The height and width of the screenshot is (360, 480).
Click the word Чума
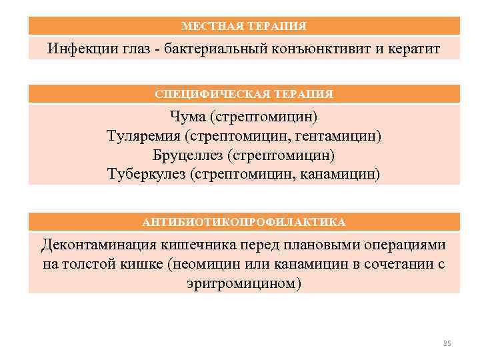tap(188, 117)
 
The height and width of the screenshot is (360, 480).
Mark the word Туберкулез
tap(147, 174)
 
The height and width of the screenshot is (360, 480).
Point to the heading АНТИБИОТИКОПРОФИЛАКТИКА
tap(244, 221)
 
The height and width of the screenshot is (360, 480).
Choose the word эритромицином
tap(244, 283)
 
